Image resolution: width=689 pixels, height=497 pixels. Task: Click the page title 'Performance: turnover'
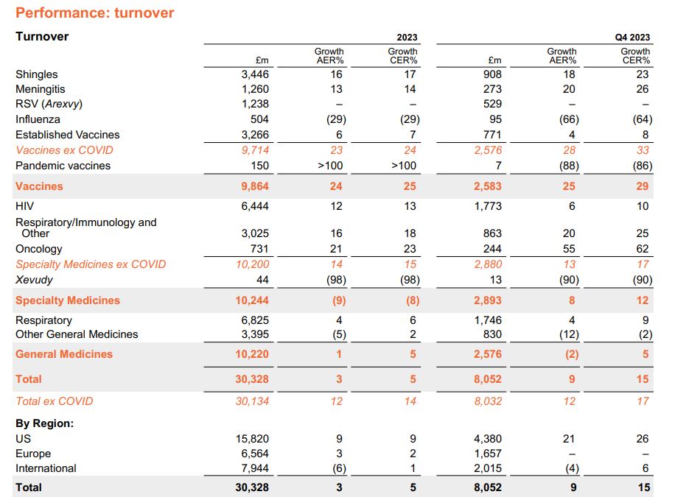[95, 13]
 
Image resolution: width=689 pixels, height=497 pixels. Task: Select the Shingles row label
[36, 74]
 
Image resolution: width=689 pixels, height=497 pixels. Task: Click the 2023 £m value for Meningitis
[255, 89]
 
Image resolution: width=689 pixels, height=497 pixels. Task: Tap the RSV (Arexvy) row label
[49, 104]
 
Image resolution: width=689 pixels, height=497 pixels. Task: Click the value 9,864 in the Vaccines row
[254, 186]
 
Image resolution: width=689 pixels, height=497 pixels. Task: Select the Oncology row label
[39, 249]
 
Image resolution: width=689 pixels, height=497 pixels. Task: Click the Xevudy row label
[34, 279]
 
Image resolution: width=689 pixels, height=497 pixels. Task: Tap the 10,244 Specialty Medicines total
[253, 300]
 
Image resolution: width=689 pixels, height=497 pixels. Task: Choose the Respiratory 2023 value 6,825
[255, 320]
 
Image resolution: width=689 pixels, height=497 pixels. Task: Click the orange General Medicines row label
[64, 354]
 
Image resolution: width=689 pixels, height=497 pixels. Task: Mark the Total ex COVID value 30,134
[253, 401]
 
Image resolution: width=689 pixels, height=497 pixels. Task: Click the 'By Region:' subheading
[45, 423]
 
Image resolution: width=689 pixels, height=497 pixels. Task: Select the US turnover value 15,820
[252, 439]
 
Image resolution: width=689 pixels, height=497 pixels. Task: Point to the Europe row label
[33, 454]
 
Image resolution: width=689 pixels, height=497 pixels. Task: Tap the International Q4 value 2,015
[489, 468]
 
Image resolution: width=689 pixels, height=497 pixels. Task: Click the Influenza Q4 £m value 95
[494, 119]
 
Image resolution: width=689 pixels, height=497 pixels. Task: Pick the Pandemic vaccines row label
[63, 166]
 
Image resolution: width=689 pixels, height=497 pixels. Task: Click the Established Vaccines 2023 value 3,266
[255, 135]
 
